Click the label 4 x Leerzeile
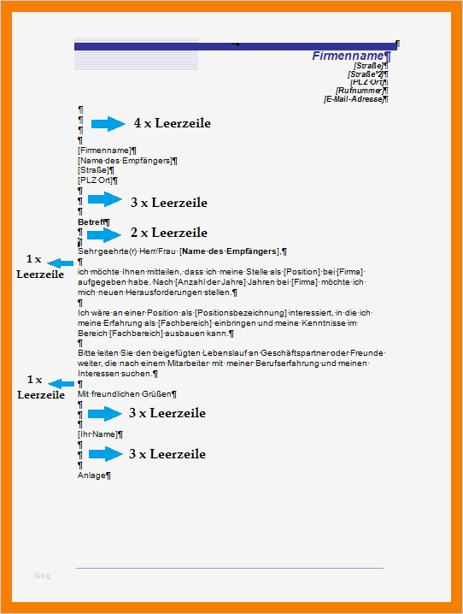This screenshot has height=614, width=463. pyautogui.click(x=172, y=124)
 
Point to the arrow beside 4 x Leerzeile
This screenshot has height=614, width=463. pyautogui.click(x=108, y=124)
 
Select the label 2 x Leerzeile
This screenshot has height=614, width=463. pyautogui.click(x=168, y=233)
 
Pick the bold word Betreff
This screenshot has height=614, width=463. pyautogui.click(x=92, y=222)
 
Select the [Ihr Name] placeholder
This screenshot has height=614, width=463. pyautogui.click(x=98, y=434)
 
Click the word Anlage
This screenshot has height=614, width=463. pyautogui.click(x=91, y=475)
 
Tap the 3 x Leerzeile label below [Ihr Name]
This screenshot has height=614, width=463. pyautogui.click(x=167, y=454)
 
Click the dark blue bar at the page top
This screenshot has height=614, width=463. pyautogui.click(x=235, y=45)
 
